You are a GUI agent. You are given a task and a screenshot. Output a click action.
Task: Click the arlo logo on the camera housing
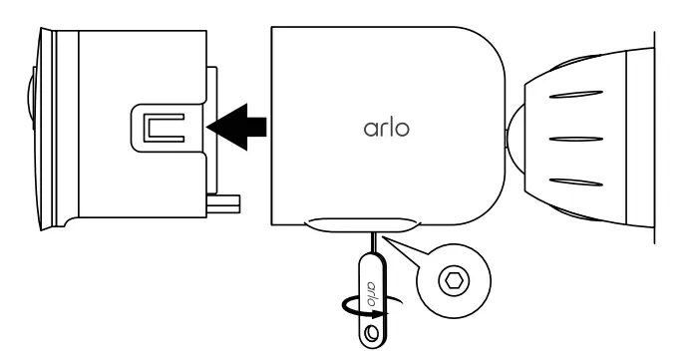coord(384,129)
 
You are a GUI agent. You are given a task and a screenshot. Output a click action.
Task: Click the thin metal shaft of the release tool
coord(375,243)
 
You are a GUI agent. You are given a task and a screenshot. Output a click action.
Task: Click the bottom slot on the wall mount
coord(577,181)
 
